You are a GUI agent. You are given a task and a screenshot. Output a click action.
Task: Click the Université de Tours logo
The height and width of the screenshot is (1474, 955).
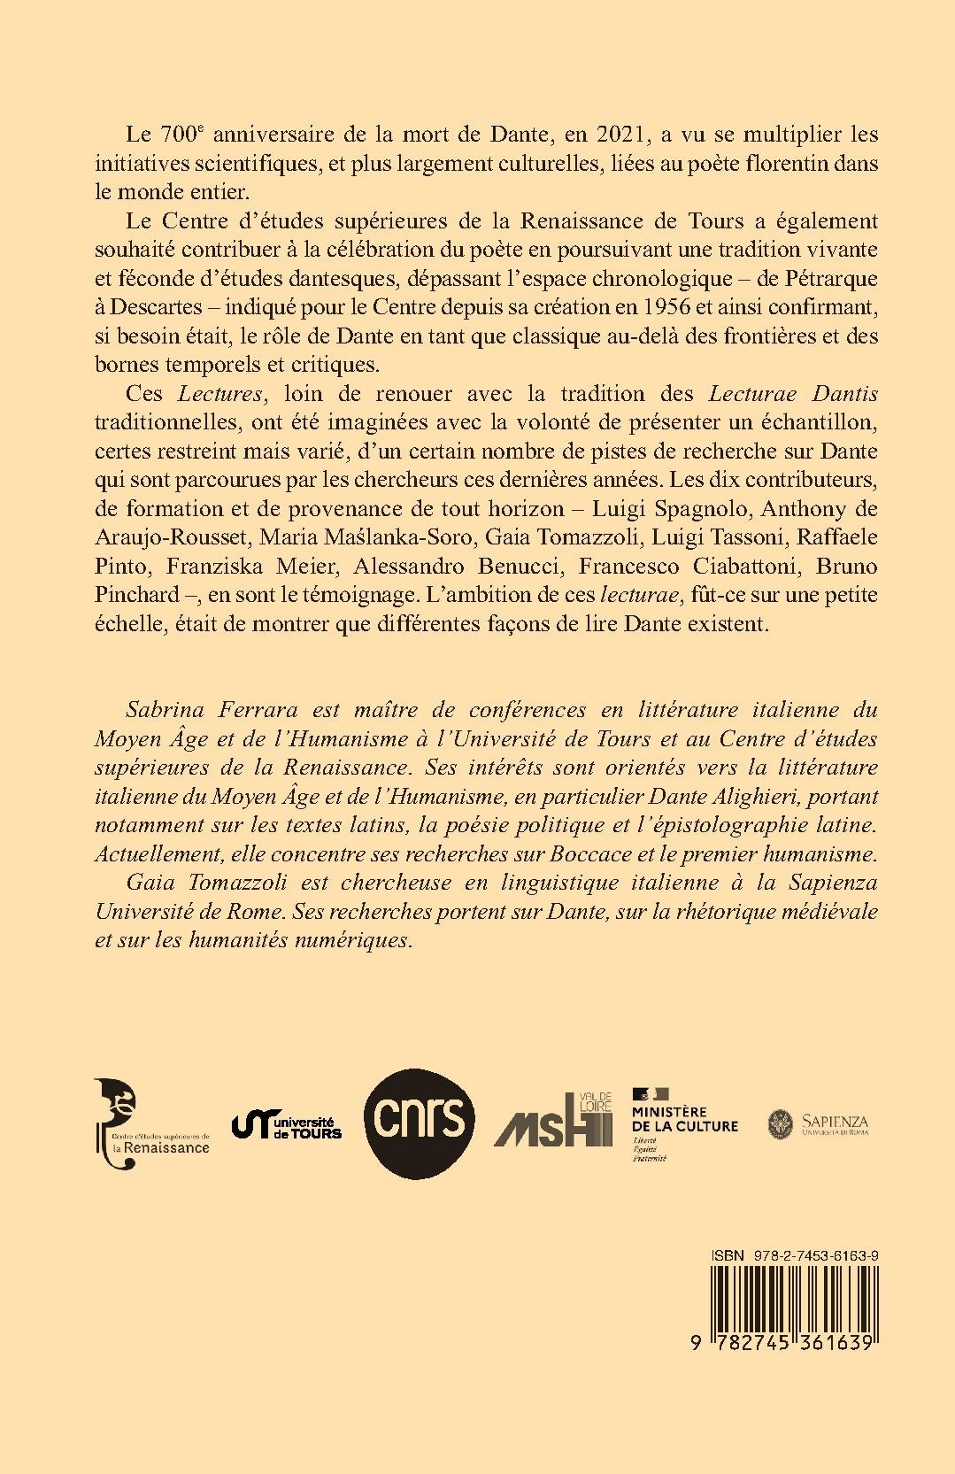pyautogui.click(x=286, y=1125)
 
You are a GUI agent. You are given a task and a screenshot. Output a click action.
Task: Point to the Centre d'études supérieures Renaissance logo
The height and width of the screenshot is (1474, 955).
pyautogui.click(x=150, y=1124)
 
